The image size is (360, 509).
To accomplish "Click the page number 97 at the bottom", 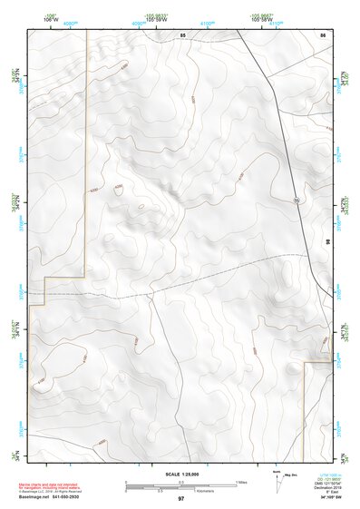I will click(x=181, y=499).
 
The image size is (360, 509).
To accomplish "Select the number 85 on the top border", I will click(x=182, y=34).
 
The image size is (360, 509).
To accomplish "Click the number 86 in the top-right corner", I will click(x=322, y=34).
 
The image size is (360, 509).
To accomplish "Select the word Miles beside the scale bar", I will click(x=242, y=482).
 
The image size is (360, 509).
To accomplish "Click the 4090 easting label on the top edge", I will click(x=139, y=24).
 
